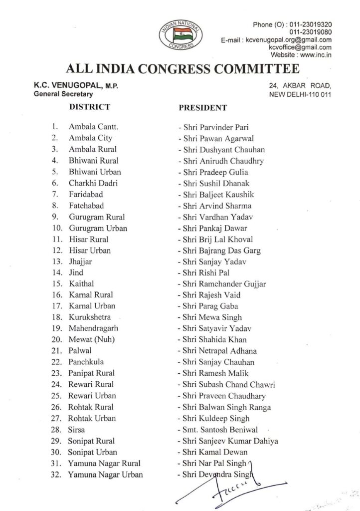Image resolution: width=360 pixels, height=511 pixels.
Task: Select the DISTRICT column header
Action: [90, 107]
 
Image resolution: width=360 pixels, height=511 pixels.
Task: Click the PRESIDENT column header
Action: [202, 107]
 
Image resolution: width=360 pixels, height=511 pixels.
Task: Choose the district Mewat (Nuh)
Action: [90, 339]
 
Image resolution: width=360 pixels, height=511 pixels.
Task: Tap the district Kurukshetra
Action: [90, 317]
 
